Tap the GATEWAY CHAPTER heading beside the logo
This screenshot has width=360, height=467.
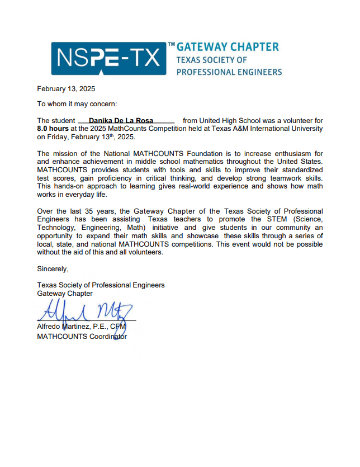(228, 46)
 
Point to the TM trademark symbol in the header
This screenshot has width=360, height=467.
(171, 44)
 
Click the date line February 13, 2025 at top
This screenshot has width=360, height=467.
(66, 89)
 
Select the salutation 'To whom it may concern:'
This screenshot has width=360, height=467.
(77, 104)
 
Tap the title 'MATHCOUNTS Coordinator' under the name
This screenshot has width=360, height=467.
(82, 337)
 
